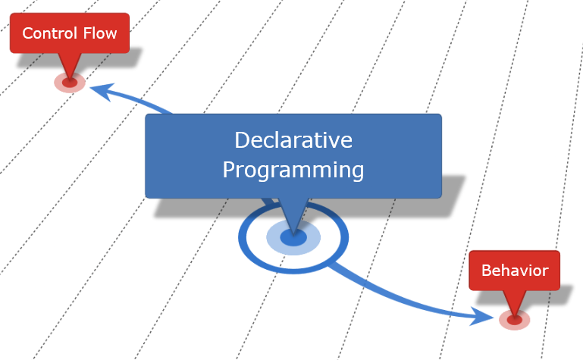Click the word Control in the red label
(49, 33)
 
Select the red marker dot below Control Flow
(69, 83)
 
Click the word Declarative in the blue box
(293, 141)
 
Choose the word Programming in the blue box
(293, 169)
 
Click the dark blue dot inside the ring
(293, 238)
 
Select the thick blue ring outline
(244, 238)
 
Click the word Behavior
(514, 271)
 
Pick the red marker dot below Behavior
(514, 320)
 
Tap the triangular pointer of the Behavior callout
(514, 301)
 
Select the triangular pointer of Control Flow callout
(69, 64)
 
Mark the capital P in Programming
(230, 169)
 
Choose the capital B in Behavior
(487, 271)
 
